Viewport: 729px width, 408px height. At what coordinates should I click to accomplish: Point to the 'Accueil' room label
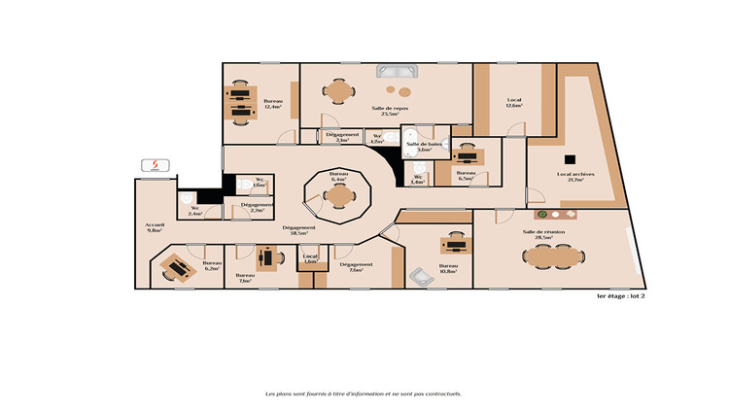coord(156,227)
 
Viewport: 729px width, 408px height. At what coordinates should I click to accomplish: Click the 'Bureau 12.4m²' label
coord(272,104)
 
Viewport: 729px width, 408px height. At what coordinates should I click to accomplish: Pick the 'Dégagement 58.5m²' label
coord(299,230)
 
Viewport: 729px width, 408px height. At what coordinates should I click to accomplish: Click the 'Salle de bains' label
coord(424,147)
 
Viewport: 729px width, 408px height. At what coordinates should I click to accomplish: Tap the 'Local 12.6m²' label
coord(514,102)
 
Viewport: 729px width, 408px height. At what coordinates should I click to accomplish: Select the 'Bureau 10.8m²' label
coord(448,268)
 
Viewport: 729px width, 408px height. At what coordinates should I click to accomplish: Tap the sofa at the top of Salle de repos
coord(397,71)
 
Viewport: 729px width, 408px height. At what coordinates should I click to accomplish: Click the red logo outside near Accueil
coord(152,164)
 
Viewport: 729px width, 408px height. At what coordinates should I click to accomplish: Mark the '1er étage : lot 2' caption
coord(621,296)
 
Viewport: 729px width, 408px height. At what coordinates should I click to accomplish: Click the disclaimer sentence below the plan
coord(364,394)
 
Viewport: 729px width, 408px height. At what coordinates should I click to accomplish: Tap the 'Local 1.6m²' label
coord(309,259)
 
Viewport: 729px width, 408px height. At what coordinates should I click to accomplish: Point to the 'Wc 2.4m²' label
coord(195,211)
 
